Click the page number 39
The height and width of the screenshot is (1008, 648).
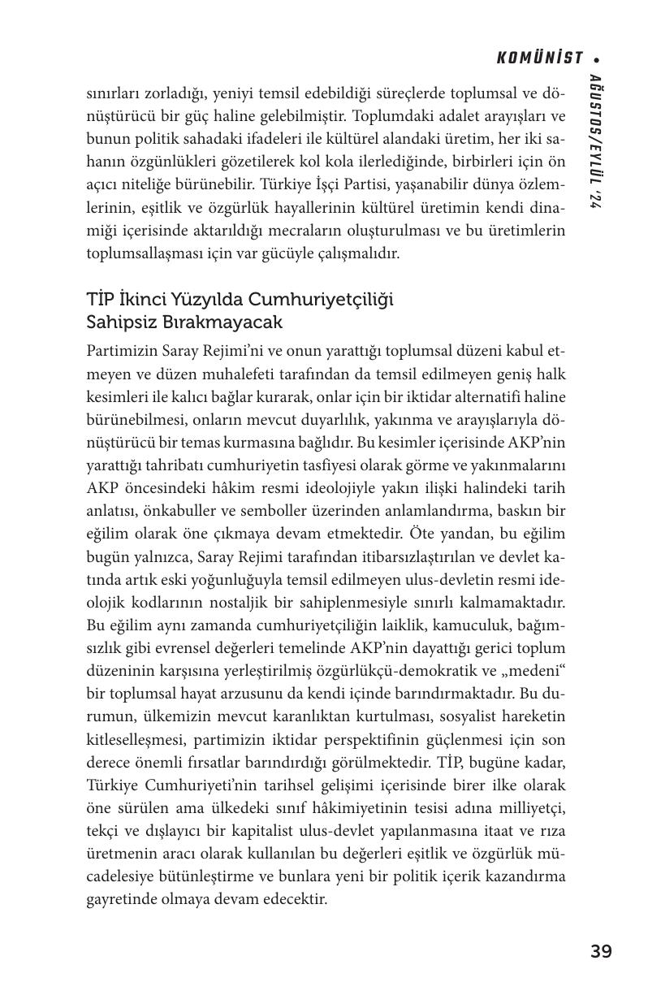(601, 951)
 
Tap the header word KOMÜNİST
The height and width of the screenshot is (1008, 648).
(540, 58)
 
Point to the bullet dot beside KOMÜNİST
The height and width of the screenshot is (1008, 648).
(597, 59)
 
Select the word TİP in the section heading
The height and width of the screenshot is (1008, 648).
(102, 300)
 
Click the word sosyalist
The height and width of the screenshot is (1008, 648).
(477, 717)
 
